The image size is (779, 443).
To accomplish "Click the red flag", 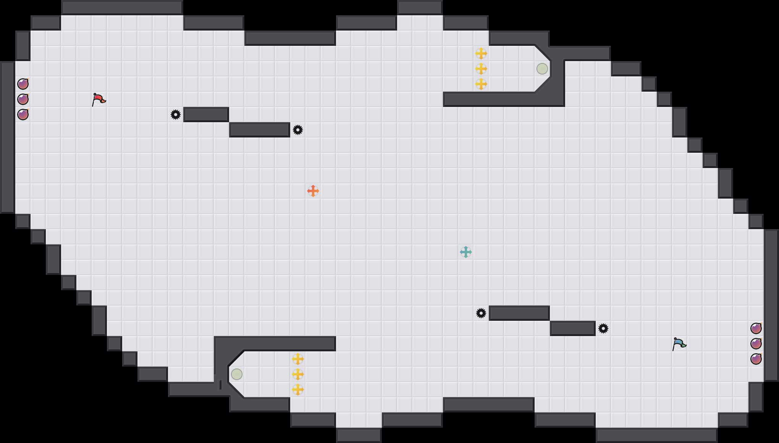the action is [x=99, y=99].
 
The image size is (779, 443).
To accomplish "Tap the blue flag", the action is [x=679, y=344].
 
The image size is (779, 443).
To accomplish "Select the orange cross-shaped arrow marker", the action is [x=313, y=191].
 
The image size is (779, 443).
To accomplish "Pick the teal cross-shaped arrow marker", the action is [x=466, y=252].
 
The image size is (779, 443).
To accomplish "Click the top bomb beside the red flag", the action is [x=23, y=84].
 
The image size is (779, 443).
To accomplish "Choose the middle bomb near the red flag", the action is [x=23, y=99].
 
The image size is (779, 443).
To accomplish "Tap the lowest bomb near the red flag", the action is [x=23, y=115].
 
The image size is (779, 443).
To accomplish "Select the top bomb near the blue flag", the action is [x=756, y=328].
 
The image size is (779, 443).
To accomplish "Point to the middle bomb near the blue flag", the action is [x=756, y=344].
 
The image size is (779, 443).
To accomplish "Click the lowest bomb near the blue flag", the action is [x=756, y=359].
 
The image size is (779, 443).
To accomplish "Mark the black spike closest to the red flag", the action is [x=176, y=115].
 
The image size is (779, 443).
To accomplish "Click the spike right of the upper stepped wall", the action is [x=298, y=130].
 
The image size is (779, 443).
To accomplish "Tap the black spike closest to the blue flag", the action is [x=603, y=328].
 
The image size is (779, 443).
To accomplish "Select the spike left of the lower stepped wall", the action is [x=481, y=313].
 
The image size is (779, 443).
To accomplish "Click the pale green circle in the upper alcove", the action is [x=542, y=69].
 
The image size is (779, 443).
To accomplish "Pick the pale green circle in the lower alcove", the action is [x=237, y=374].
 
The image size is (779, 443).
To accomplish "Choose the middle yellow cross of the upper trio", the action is [x=481, y=69].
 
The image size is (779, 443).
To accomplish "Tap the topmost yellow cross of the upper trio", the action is [x=481, y=53].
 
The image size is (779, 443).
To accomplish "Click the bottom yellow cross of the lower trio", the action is [x=298, y=390].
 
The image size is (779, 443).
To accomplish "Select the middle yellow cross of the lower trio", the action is [x=298, y=374].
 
